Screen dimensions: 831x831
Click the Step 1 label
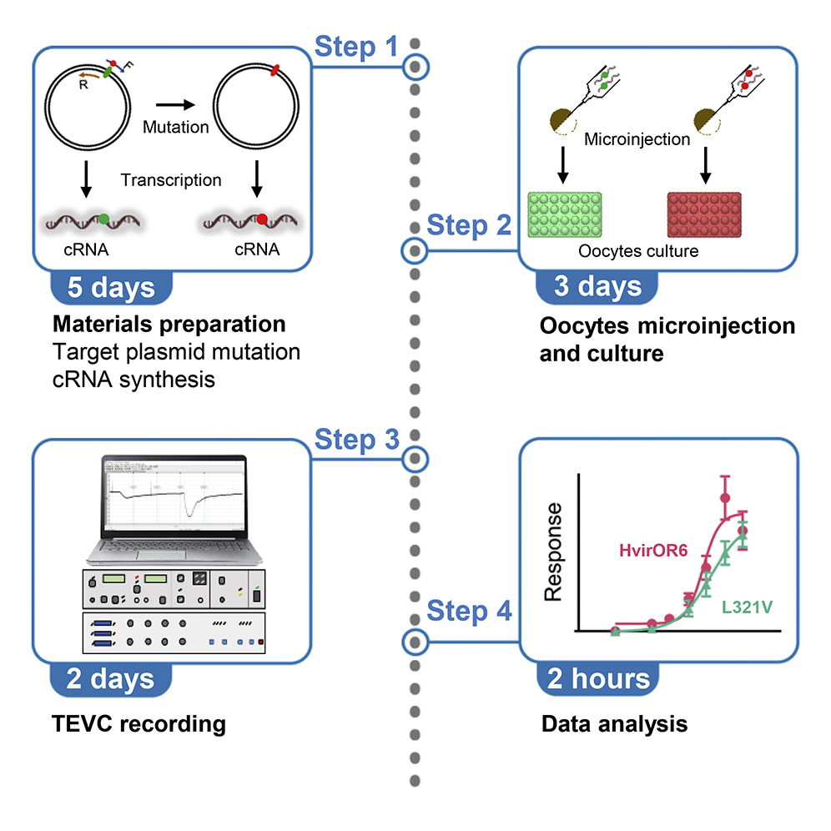tap(357, 48)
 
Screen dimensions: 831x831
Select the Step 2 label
tap(469, 225)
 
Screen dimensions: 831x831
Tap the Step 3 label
tap(357, 440)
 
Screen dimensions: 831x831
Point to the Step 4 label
tap(469, 611)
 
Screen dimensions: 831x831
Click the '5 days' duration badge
tap(111, 287)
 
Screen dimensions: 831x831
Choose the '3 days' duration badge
tap(598, 287)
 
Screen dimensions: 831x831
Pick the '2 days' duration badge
tap(111, 678)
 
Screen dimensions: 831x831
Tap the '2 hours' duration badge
tap(598, 678)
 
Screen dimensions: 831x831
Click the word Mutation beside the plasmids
tap(175, 128)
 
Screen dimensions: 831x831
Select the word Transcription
tap(171, 179)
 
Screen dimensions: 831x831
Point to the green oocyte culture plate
tap(565, 214)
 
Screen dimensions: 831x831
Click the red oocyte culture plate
tap(705, 214)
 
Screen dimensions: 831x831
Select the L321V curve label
tap(746, 609)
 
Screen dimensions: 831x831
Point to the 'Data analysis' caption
tap(614, 723)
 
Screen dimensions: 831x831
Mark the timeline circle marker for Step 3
tap(415, 458)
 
